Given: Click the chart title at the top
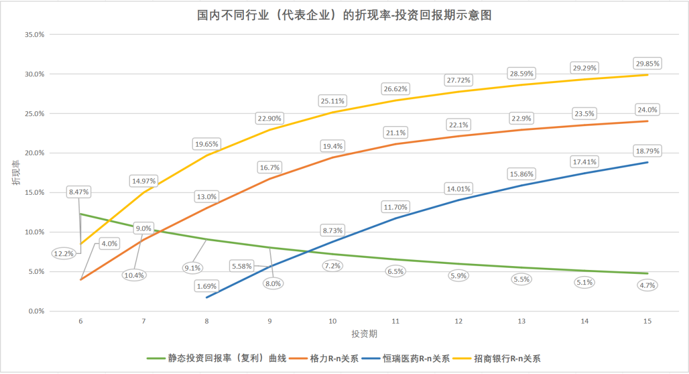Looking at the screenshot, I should [344, 15].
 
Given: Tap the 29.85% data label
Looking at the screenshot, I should [648, 63].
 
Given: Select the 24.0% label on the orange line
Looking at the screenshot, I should [648, 110].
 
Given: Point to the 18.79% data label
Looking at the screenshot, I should [648, 151].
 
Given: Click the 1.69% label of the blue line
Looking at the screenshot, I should [206, 287].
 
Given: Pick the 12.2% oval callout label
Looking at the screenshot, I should [64, 254].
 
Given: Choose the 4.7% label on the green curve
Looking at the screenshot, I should [648, 285].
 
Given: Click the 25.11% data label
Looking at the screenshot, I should [332, 101].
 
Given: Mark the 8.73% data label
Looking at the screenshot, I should [332, 230].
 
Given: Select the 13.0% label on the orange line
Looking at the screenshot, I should [206, 196].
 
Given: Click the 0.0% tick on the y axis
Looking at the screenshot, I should [36, 311].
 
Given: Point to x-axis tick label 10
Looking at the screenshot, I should [332, 321].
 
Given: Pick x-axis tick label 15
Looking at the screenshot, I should [648, 321].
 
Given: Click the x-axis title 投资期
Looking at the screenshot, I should [364, 334].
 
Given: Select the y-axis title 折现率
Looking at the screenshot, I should [17, 173].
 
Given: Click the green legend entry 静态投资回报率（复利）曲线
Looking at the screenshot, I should [227, 359].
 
